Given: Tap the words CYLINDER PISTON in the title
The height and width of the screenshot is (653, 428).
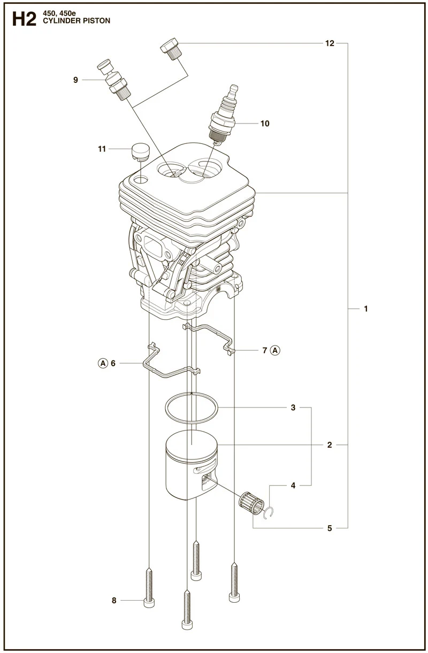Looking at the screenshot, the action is pos(77,21).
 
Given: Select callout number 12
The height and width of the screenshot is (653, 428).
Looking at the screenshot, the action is pos(330,43).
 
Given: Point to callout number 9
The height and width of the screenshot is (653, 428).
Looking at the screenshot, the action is pos(75,80).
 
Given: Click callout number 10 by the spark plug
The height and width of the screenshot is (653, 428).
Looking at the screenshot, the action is pos(265,124).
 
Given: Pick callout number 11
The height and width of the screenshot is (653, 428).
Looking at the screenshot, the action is pos(102,149).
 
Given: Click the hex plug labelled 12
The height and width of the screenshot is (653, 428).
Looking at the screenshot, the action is pos(171,49).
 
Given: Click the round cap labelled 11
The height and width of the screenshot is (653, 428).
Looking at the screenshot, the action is pos(141,151).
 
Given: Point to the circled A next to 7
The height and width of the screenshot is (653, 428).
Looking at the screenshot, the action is pos(275,350).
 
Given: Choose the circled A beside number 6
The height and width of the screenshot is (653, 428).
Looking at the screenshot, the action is pos(103,363).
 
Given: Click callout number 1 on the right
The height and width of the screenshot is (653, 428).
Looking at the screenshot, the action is pos(366,309).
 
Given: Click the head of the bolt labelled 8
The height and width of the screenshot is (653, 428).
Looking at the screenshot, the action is pos(149,603).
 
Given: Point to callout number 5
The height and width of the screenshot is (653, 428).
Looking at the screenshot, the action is pos(330,528).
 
